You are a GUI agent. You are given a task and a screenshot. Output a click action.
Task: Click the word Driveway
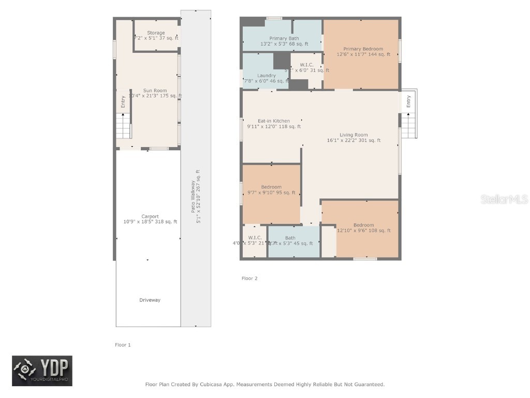(150, 300)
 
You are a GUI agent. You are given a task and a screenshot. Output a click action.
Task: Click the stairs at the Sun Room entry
(123, 127)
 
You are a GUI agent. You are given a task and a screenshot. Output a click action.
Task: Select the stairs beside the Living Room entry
(408, 126)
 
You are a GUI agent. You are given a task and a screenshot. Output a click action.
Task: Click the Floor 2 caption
(249, 278)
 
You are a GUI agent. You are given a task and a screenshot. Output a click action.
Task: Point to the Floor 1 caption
(123, 345)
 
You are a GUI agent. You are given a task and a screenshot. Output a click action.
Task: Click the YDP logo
(42, 371)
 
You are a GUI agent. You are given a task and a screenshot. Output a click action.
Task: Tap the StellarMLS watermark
(504, 199)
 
